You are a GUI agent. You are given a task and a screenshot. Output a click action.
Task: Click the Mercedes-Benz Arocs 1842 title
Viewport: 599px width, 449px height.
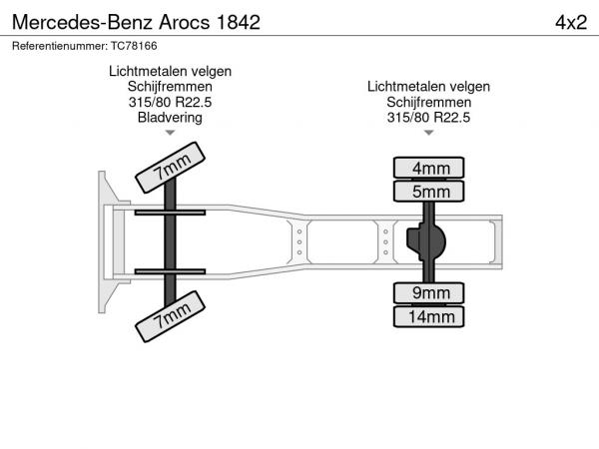point(136,22)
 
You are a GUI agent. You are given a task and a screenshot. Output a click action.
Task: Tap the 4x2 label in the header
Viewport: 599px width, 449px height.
point(571,23)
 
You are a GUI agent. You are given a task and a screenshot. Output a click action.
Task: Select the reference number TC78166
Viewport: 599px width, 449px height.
point(134,46)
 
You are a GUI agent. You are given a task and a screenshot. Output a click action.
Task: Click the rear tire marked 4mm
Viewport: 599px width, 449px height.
point(428,168)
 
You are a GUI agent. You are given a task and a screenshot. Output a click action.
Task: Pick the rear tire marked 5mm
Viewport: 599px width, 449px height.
point(428,191)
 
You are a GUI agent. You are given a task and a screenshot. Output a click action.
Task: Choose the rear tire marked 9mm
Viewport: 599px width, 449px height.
point(428,293)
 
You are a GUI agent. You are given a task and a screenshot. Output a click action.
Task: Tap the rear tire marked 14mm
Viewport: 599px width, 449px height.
point(428,316)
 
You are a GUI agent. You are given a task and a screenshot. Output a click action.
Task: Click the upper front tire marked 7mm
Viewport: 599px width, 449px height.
point(170,168)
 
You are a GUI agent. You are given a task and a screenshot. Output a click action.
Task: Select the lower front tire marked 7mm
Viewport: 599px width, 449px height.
point(170,316)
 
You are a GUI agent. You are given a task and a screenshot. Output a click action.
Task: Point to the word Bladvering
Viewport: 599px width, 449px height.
point(170,117)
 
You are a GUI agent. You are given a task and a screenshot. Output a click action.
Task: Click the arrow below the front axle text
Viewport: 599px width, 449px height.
point(170,133)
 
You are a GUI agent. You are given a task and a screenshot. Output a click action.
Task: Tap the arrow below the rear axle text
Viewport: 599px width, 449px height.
point(428,133)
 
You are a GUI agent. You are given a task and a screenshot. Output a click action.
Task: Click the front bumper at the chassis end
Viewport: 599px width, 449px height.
point(103,242)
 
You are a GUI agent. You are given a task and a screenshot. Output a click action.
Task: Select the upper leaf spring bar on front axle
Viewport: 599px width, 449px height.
point(170,213)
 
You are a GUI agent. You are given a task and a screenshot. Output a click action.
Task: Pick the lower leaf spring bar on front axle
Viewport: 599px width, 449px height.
point(170,271)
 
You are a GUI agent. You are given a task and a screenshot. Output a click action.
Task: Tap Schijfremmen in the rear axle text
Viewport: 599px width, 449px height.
point(428,103)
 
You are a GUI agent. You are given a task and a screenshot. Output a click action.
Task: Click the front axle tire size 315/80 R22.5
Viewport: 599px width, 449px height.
point(170,102)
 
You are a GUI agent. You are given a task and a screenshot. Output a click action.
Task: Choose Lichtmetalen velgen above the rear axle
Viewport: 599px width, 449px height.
point(428,87)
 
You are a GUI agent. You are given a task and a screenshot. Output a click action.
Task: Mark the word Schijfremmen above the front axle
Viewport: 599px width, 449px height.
point(170,87)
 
